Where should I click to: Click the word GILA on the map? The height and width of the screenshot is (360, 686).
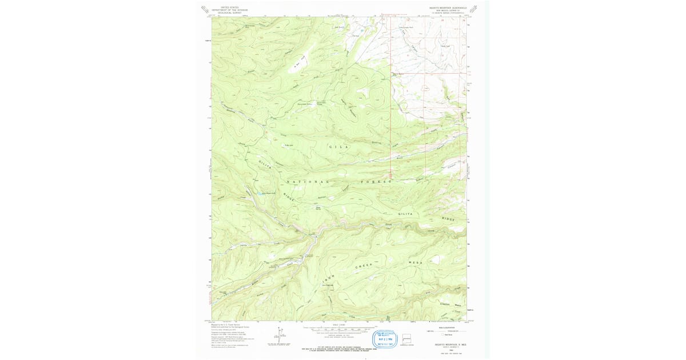point(337,147)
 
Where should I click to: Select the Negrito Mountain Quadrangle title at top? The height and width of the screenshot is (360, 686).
point(448,9)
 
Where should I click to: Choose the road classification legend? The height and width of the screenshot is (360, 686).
point(446,331)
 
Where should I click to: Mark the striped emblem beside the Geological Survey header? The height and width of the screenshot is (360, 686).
point(204,9)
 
